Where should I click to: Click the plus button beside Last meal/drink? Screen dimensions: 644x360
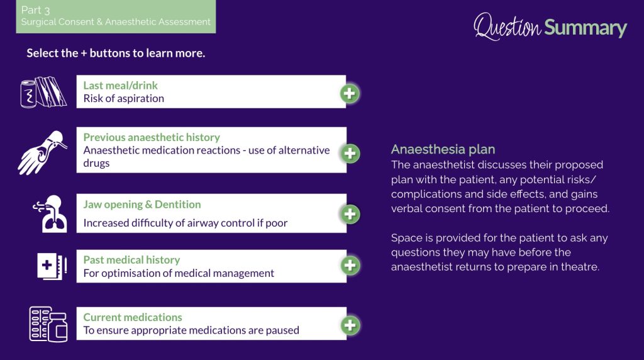(x=350, y=94)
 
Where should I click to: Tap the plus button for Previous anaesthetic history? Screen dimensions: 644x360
(x=350, y=154)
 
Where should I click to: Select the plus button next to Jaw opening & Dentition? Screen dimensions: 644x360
(x=350, y=214)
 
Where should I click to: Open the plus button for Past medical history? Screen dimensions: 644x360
(x=350, y=266)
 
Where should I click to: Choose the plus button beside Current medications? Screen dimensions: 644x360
(x=350, y=325)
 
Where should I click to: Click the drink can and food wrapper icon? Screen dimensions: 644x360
(x=43, y=92)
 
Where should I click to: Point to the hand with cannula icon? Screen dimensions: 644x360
(x=42, y=152)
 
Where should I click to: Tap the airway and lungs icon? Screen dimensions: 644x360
(x=50, y=214)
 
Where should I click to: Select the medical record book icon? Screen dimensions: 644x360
(x=52, y=266)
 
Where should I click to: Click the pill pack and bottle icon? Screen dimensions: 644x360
(x=48, y=324)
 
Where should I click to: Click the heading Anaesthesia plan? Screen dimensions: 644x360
(x=443, y=149)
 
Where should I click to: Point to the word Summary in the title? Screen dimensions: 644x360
(x=586, y=28)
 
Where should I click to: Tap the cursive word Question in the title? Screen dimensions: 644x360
(x=508, y=26)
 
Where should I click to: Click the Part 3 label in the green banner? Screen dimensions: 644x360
(x=35, y=10)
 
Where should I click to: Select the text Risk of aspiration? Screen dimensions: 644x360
(x=124, y=99)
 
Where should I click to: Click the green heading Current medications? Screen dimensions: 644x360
(x=133, y=317)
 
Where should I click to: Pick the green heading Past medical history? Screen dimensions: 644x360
(x=131, y=260)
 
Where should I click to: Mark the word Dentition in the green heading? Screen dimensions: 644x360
(x=178, y=205)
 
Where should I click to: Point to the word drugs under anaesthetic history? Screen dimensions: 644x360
(x=96, y=163)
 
